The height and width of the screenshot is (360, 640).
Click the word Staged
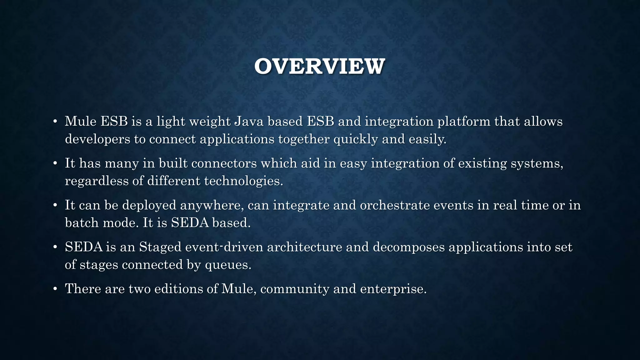pyautogui.click(x=160, y=247)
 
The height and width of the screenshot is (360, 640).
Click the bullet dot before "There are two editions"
pyautogui.click(x=55, y=289)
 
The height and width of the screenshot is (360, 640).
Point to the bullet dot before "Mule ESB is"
pyautogui.click(x=55, y=121)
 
